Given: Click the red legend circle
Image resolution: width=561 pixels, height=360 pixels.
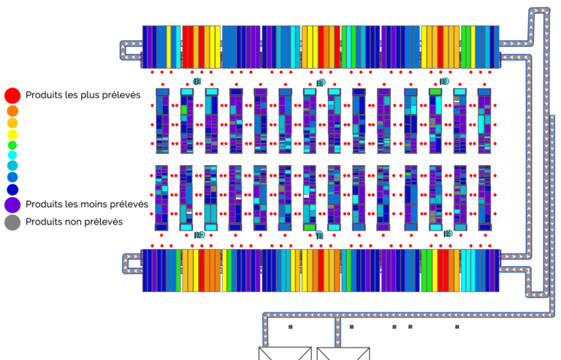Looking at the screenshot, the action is [12, 96].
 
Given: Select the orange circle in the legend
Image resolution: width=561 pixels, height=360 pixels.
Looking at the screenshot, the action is [12, 111].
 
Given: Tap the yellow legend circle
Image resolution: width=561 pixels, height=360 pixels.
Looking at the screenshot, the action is [12, 135].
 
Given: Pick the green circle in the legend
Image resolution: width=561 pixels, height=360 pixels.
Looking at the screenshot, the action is [12, 145].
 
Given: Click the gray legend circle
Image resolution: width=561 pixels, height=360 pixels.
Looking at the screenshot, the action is [12, 223].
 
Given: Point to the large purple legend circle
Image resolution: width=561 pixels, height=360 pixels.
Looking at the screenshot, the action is [12, 205].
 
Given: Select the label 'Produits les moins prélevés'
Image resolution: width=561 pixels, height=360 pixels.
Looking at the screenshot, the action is [87, 204].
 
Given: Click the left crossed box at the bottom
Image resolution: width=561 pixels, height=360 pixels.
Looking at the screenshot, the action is [285, 353].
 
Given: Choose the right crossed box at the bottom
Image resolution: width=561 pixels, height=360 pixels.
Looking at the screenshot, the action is [343, 353].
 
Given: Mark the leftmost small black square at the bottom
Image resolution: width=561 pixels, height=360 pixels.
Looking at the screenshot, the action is [291, 326].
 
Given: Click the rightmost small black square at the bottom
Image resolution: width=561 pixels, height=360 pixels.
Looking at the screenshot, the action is [457, 326].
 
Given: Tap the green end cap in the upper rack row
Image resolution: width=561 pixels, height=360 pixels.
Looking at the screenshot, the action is [435, 92].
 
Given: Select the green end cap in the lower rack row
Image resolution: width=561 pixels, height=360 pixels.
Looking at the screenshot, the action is [310, 227].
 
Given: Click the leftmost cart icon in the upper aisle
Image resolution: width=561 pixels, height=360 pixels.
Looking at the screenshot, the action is [197, 82].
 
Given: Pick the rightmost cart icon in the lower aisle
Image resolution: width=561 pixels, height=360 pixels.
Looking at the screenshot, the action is [448, 234].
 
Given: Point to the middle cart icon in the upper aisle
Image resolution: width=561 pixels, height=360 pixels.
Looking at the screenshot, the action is [321, 83].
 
